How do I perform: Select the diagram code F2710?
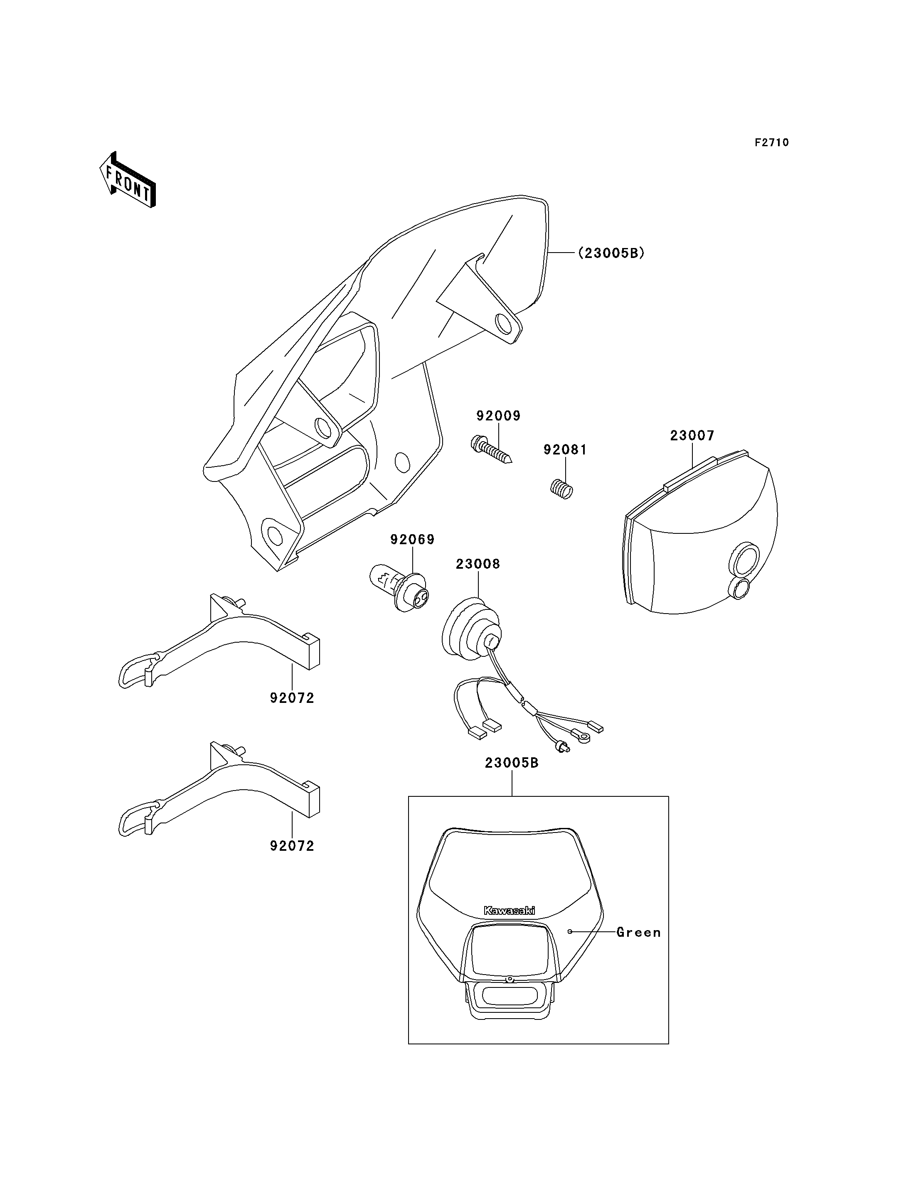772,142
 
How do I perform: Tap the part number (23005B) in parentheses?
611,253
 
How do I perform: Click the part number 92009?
498,416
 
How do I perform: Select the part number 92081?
566,449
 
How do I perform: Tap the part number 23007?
692,435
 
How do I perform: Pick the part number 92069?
413,539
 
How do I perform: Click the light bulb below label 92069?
399,588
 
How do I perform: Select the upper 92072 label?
292,698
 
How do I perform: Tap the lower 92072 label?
292,846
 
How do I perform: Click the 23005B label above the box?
512,763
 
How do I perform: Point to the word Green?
639,933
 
